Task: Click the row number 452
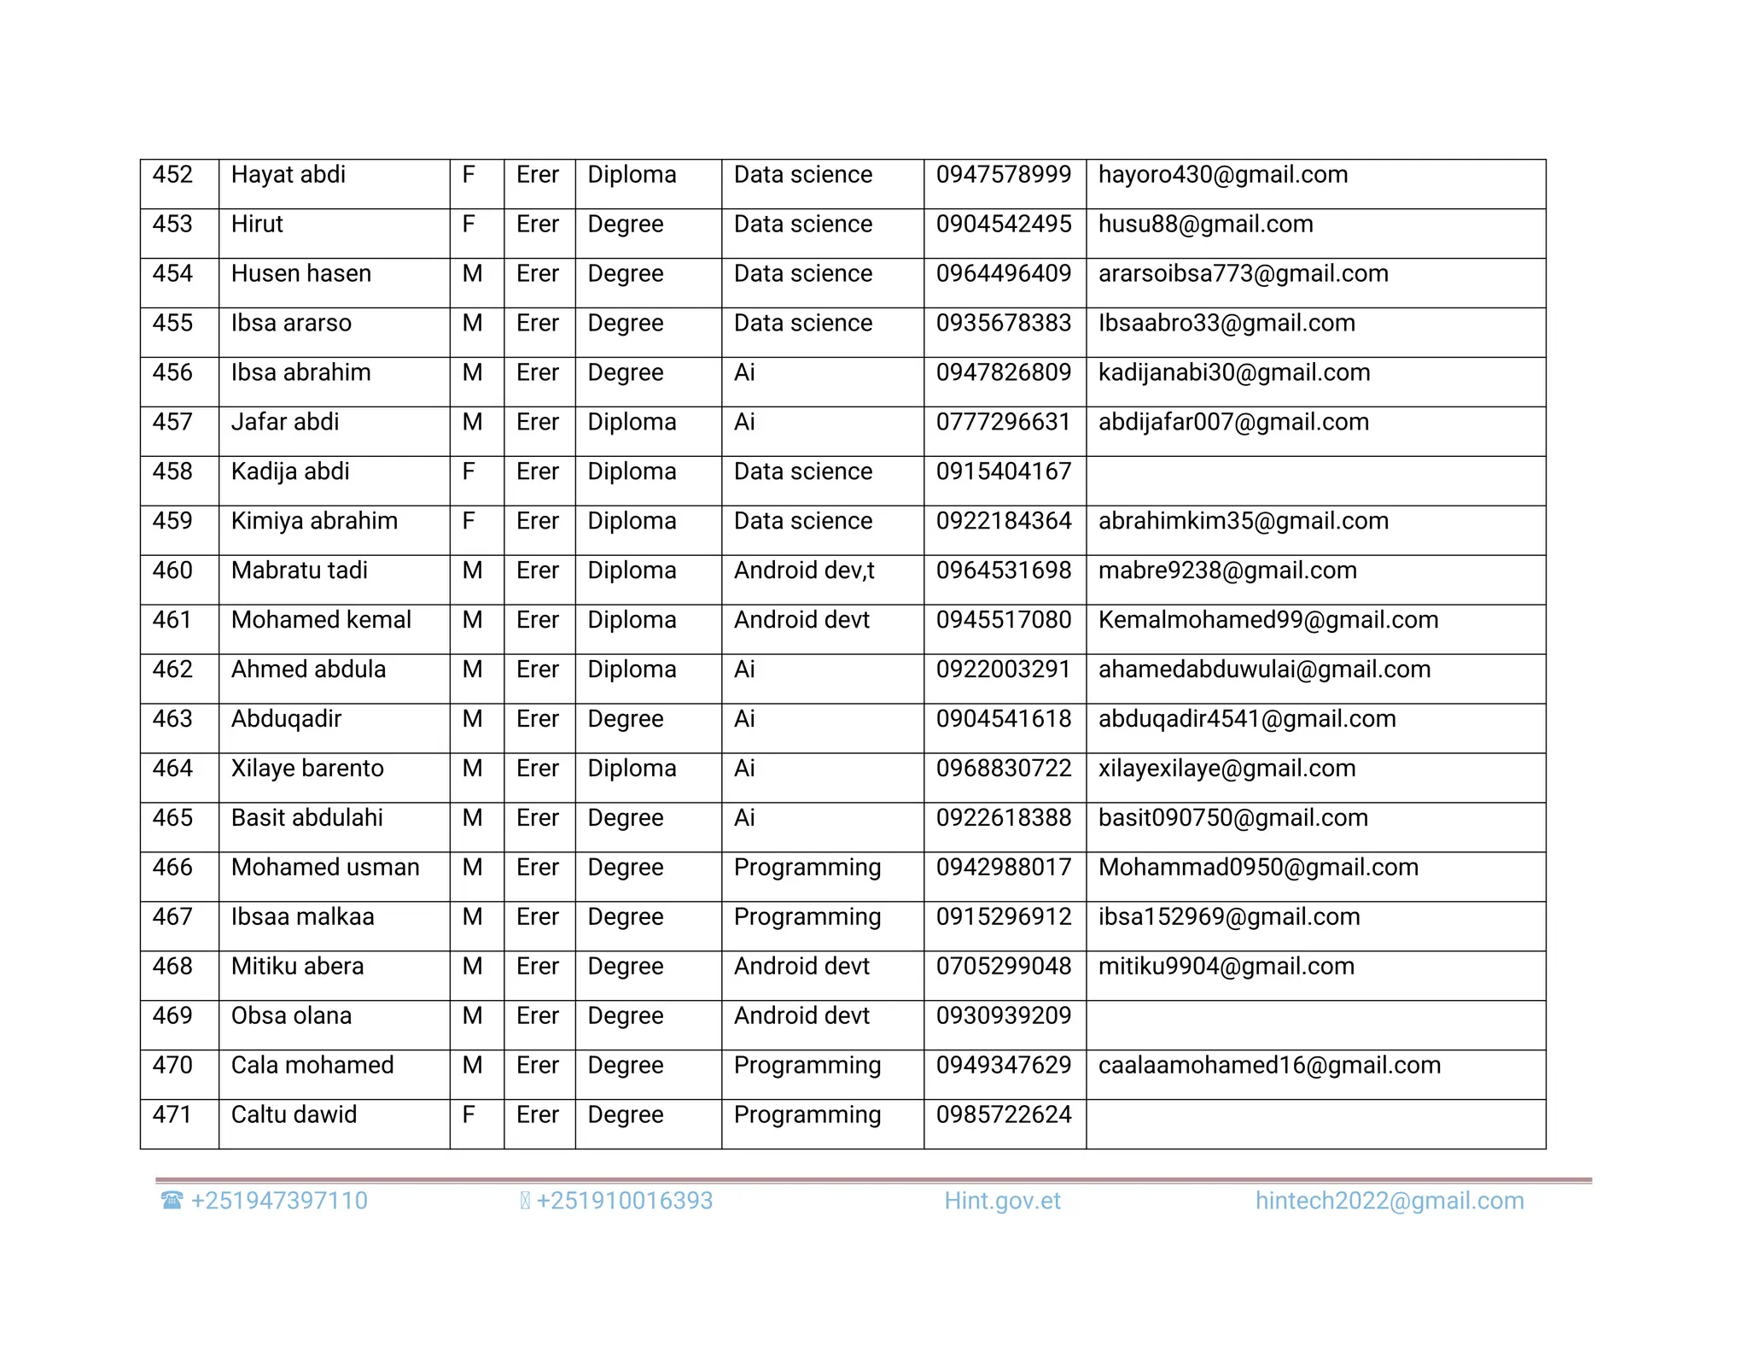(x=172, y=175)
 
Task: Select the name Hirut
(x=257, y=225)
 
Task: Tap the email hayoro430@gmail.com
(x=1222, y=175)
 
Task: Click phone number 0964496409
(x=1003, y=274)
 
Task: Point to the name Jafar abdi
(x=285, y=423)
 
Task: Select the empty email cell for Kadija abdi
(x=1314, y=480)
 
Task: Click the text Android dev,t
(x=804, y=570)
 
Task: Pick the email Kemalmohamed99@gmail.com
(x=1267, y=620)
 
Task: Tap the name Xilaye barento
(x=307, y=769)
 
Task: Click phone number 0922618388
(x=1003, y=818)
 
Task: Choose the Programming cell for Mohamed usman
(x=807, y=868)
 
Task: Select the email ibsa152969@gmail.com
(x=1228, y=917)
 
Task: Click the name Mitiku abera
(x=297, y=967)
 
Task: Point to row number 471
(x=172, y=1115)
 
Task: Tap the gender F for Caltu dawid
(x=469, y=1115)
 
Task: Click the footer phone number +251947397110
(x=278, y=1202)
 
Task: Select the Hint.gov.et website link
(x=1002, y=1202)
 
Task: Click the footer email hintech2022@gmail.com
(x=1389, y=1202)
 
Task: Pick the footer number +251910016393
(x=624, y=1202)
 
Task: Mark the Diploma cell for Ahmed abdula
(x=632, y=670)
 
